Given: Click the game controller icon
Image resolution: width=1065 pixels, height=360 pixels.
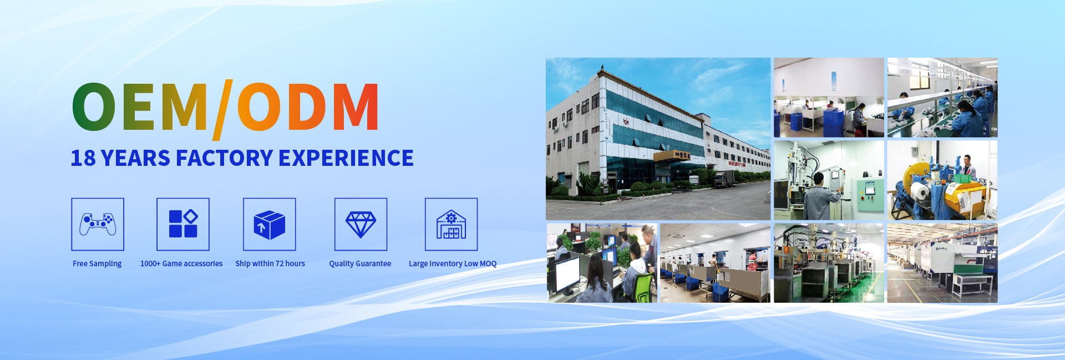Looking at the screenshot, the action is [98, 224].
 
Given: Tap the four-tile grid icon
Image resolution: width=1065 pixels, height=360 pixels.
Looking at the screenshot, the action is [183, 224].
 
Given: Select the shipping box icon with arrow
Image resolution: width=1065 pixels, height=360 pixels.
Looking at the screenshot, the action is [270, 225].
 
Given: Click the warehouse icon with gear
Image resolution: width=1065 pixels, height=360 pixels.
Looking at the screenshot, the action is [451, 224].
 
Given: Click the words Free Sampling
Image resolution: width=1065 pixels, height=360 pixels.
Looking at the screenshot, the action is [97, 263].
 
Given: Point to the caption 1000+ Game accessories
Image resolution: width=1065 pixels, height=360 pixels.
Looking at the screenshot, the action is [181, 263].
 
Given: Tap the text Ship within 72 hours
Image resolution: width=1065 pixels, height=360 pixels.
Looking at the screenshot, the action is [270, 263].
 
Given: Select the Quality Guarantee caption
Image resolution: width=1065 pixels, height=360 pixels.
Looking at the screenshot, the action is [360, 263].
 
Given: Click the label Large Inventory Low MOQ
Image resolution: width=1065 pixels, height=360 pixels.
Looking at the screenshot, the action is [453, 263].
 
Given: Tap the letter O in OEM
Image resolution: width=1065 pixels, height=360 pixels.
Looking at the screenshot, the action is [94, 107].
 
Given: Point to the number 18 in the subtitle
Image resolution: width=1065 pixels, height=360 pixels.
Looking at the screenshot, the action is [83, 158].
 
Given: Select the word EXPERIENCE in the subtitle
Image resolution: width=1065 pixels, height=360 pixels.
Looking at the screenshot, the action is [346, 158].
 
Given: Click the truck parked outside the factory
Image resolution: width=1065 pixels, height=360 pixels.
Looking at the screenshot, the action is [724, 179].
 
